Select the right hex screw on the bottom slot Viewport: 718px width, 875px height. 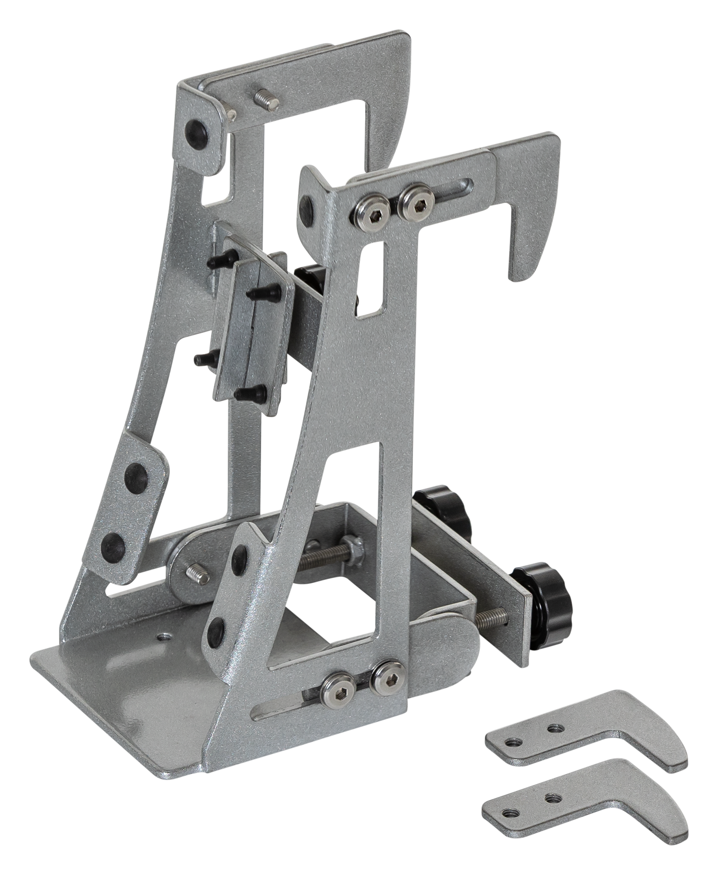click(387, 677)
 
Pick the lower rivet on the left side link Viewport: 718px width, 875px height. click(112, 545)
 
